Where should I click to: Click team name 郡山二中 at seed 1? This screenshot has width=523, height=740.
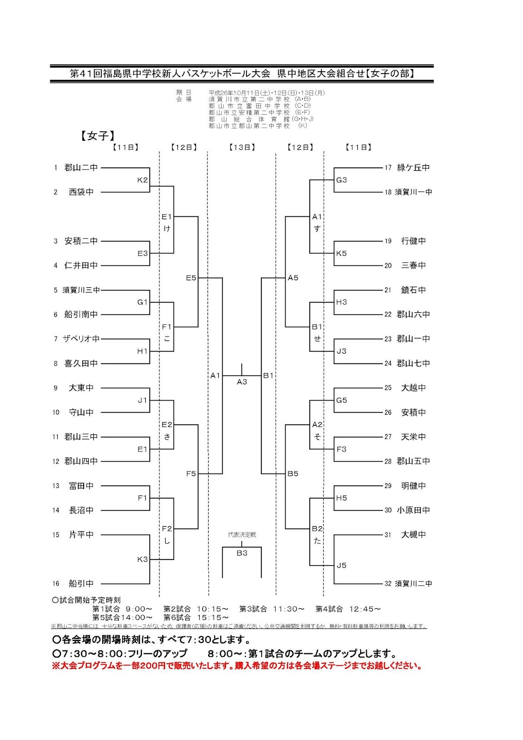click(81, 167)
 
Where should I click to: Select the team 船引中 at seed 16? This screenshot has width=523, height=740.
click(81, 584)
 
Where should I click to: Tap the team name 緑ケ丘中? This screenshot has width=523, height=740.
click(413, 167)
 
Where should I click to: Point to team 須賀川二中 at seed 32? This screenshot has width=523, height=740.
click(413, 584)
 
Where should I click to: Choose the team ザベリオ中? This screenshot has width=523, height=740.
click(81, 339)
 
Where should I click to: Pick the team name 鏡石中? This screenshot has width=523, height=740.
click(413, 290)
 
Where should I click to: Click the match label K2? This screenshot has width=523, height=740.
click(142, 180)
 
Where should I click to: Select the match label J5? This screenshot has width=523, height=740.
click(342, 565)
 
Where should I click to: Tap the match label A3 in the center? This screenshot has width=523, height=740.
click(242, 382)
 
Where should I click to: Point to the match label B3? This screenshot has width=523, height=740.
click(242, 553)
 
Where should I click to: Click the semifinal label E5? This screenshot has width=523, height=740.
click(191, 277)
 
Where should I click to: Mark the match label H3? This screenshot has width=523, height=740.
click(342, 302)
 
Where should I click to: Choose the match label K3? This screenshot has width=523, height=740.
click(142, 559)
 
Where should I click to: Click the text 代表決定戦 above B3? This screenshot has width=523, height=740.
click(242, 535)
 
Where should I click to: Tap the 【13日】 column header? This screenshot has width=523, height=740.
click(242, 147)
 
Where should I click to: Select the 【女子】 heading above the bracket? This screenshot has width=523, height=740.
click(98, 136)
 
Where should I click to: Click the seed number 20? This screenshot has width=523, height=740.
click(388, 265)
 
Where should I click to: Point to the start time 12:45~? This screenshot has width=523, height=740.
click(365, 609)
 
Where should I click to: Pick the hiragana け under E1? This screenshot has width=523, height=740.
click(167, 228)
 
